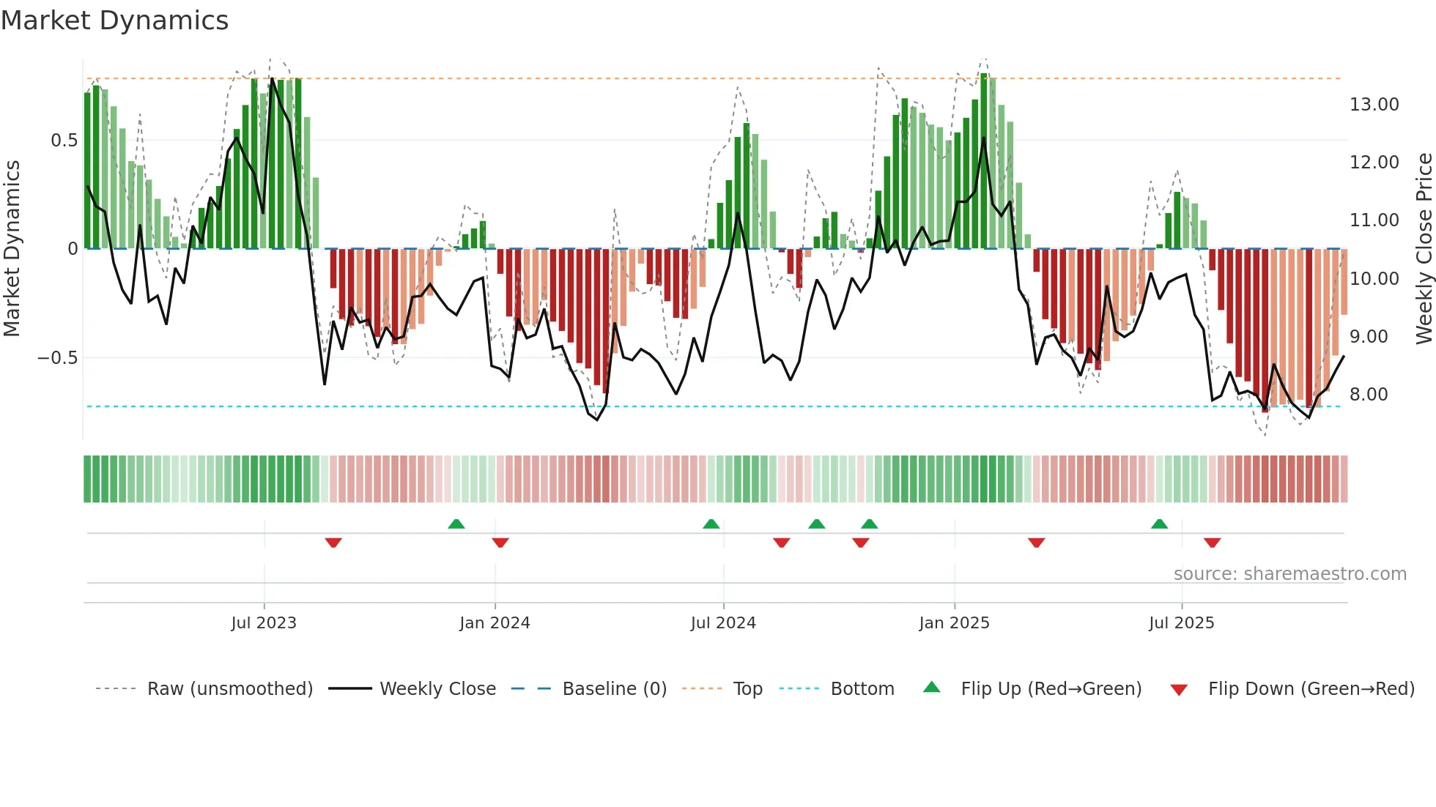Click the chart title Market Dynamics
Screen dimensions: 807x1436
[x=114, y=21]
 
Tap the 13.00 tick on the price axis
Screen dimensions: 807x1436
[x=1374, y=105]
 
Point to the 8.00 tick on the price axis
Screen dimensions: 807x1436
[x=1368, y=395]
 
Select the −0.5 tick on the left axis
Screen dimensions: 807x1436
[x=57, y=358]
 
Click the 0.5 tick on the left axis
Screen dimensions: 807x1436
[x=64, y=141]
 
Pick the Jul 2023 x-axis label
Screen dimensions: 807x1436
[x=264, y=623]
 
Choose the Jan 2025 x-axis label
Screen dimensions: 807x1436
[x=954, y=623]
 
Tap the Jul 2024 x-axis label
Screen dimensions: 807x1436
[x=723, y=623]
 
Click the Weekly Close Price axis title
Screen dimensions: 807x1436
[x=1424, y=249]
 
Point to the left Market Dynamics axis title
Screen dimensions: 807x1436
[x=12, y=249]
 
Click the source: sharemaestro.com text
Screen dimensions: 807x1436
[x=1289, y=574]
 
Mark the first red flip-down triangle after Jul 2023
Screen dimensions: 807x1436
[x=333, y=543]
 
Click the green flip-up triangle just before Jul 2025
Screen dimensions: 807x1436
[x=1159, y=524]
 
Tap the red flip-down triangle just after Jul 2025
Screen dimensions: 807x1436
[x=1212, y=543]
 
